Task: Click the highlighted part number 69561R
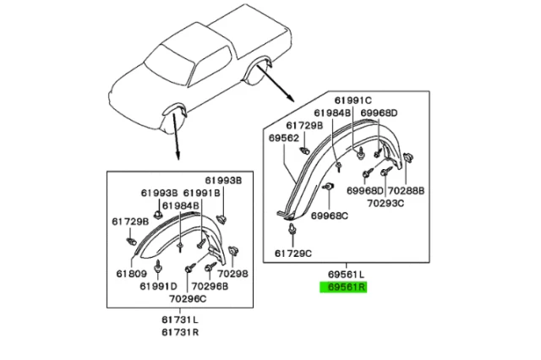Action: coord(342,286)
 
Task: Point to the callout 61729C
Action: coord(292,253)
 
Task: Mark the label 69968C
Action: coord(331,215)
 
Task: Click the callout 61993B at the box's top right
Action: coord(222,181)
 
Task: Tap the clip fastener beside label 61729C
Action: coord(292,229)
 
